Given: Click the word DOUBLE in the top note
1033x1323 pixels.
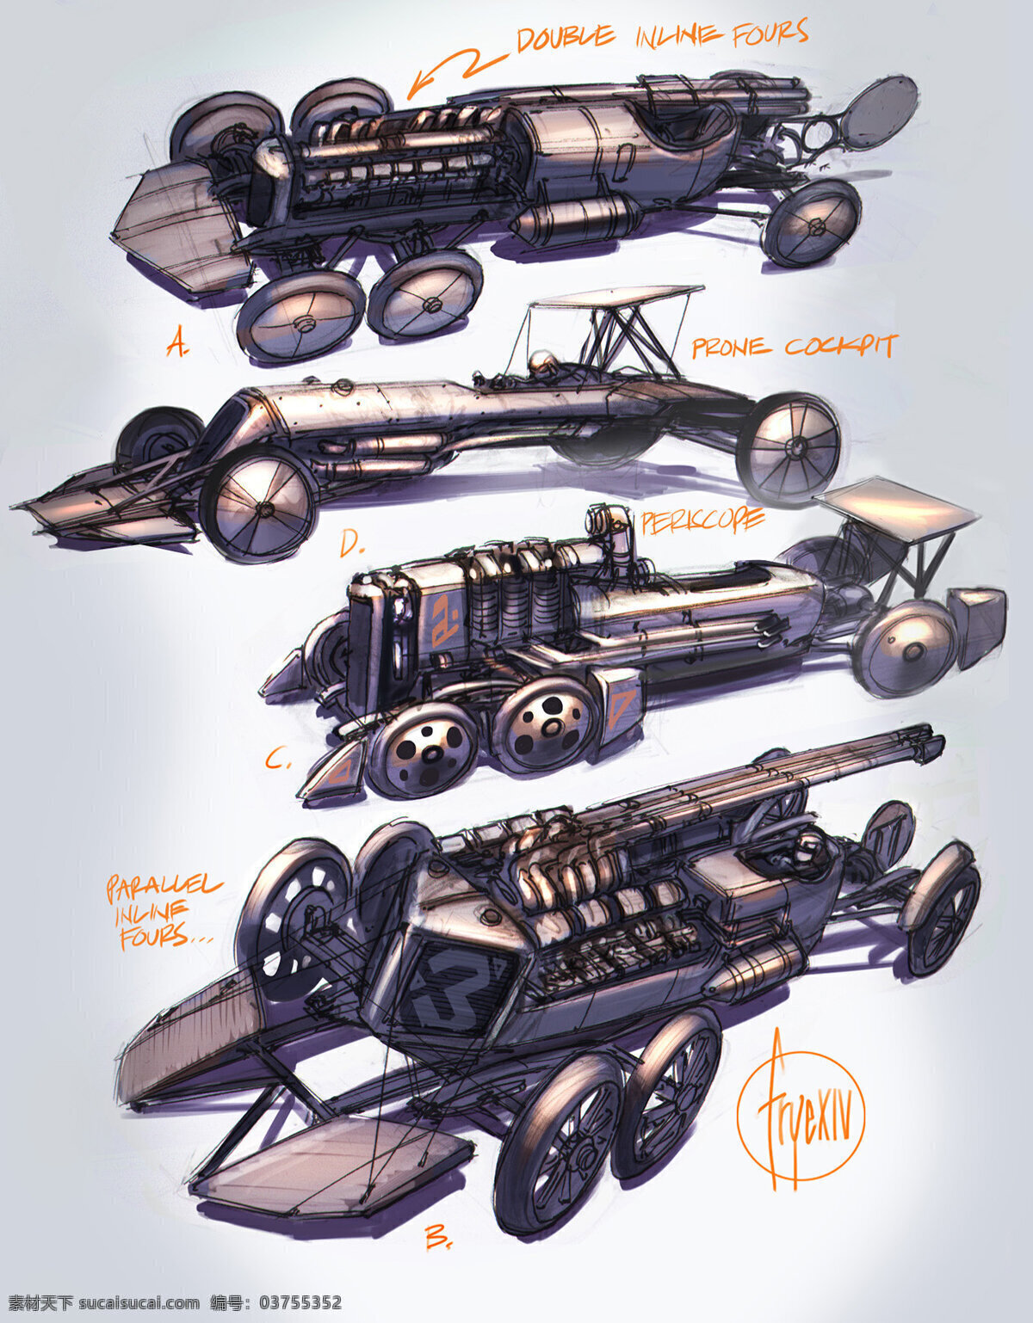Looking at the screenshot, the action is click(x=566, y=38).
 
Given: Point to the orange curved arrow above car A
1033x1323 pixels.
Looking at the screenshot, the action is click(x=457, y=72).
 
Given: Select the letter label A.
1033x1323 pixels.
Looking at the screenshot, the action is click(x=178, y=344).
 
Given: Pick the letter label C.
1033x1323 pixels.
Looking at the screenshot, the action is click(x=279, y=760).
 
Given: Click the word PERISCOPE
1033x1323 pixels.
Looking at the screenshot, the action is click(x=702, y=521).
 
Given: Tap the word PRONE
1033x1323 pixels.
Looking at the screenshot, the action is click(x=730, y=348).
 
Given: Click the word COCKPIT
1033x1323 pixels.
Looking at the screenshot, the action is click(x=840, y=347).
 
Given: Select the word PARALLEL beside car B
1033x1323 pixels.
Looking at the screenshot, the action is click(x=163, y=890).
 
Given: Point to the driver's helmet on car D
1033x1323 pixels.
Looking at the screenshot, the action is click(x=538, y=363).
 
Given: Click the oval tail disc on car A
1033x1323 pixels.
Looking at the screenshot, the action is click(x=882, y=114).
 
